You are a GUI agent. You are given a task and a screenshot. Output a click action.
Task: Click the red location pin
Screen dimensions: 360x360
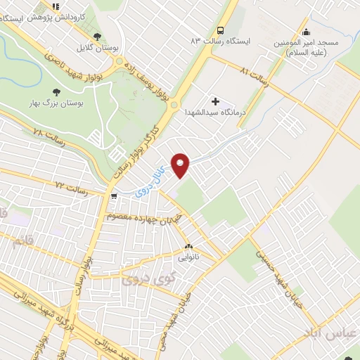pos(181,165)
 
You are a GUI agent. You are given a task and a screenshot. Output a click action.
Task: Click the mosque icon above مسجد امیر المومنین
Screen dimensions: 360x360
pos(305,31)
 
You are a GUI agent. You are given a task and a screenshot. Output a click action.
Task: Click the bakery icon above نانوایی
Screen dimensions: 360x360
pos(188,247)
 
